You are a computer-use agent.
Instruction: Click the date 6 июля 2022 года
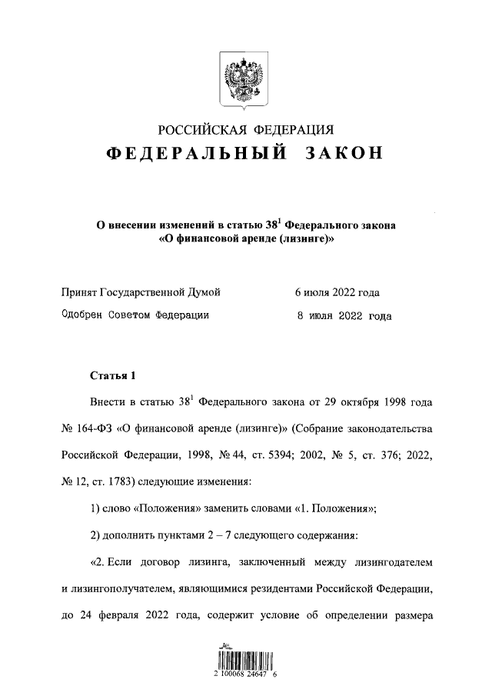click(x=337, y=292)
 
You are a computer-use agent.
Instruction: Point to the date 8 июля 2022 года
click(x=344, y=315)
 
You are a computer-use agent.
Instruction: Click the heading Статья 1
click(x=112, y=376)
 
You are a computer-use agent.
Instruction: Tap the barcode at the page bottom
click(x=245, y=661)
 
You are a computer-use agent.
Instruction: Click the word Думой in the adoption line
click(x=204, y=292)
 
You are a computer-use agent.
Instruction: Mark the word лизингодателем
click(x=393, y=563)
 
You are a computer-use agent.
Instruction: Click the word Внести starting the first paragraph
click(x=109, y=401)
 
